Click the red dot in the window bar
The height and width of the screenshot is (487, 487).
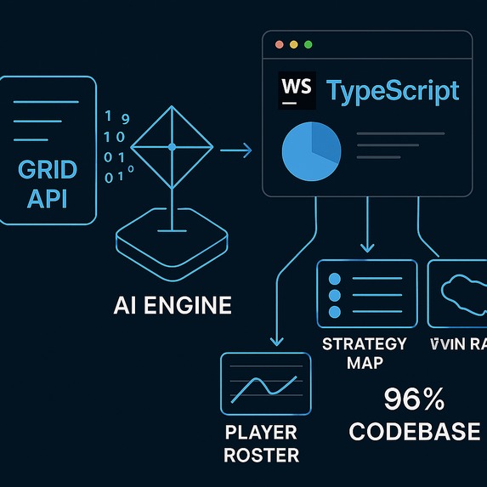(280, 44)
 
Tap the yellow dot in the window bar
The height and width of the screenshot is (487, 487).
(294, 44)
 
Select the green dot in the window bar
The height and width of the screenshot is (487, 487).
(308, 44)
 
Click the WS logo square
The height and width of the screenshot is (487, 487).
(297, 91)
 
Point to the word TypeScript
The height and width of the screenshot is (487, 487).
(393, 91)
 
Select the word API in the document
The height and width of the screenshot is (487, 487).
(48, 199)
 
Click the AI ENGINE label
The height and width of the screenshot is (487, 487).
(173, 305)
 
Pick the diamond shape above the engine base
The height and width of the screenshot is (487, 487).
(172, 148)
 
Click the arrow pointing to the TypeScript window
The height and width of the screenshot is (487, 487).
(236, 151)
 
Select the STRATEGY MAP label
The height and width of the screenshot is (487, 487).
(365, 353)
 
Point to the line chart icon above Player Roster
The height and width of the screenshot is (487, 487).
(263, 383)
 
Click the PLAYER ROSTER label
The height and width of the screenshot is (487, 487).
(262, 444)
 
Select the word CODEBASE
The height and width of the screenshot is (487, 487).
(415, 431)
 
